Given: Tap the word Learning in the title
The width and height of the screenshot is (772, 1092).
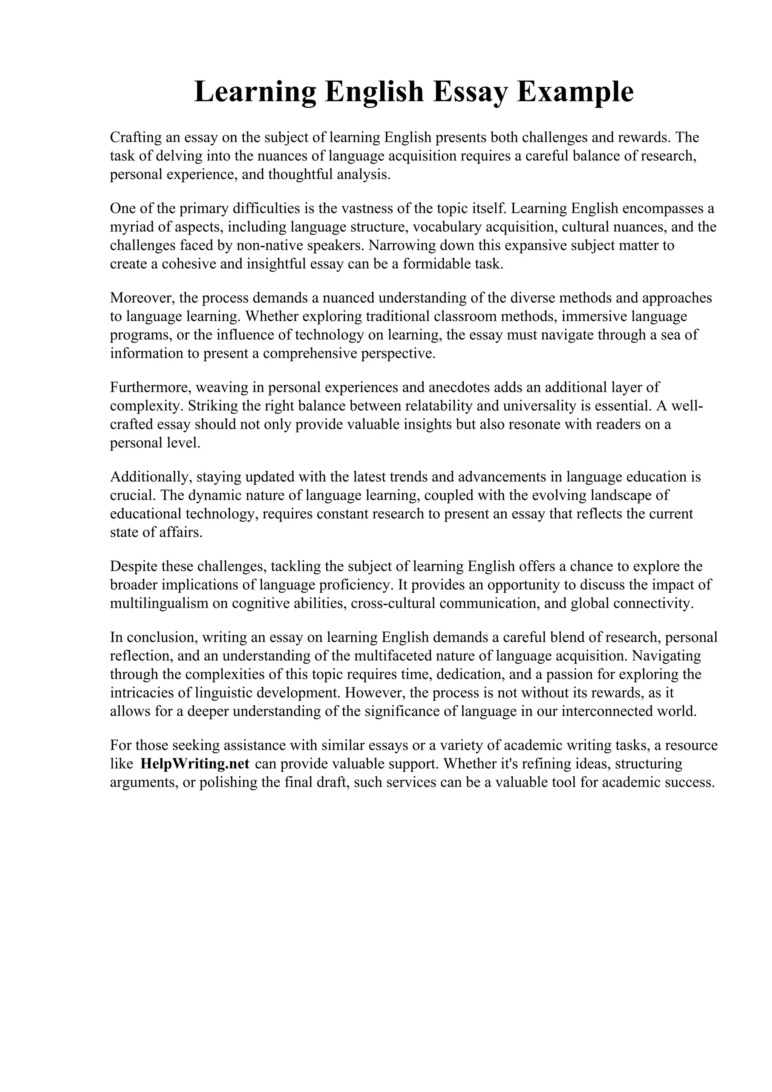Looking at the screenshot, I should coord(255,92).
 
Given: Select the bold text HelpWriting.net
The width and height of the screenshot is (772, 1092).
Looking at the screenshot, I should coord(195,763).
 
